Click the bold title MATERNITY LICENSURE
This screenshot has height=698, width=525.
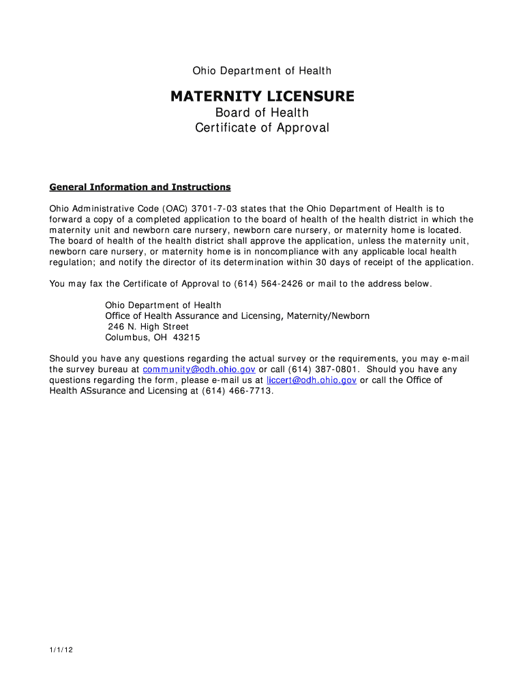click(x=262, y=97)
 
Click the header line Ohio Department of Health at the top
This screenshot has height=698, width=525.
click(x=262, y=71)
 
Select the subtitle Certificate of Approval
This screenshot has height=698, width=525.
click(x=262, y=127)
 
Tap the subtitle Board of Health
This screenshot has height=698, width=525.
click(x=262, y=112)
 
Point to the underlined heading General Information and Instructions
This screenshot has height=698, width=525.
click(x=140, y=187)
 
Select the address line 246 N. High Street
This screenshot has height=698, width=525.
click(x=148, y=327)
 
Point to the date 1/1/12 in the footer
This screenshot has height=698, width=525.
click(x=61, y=650)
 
